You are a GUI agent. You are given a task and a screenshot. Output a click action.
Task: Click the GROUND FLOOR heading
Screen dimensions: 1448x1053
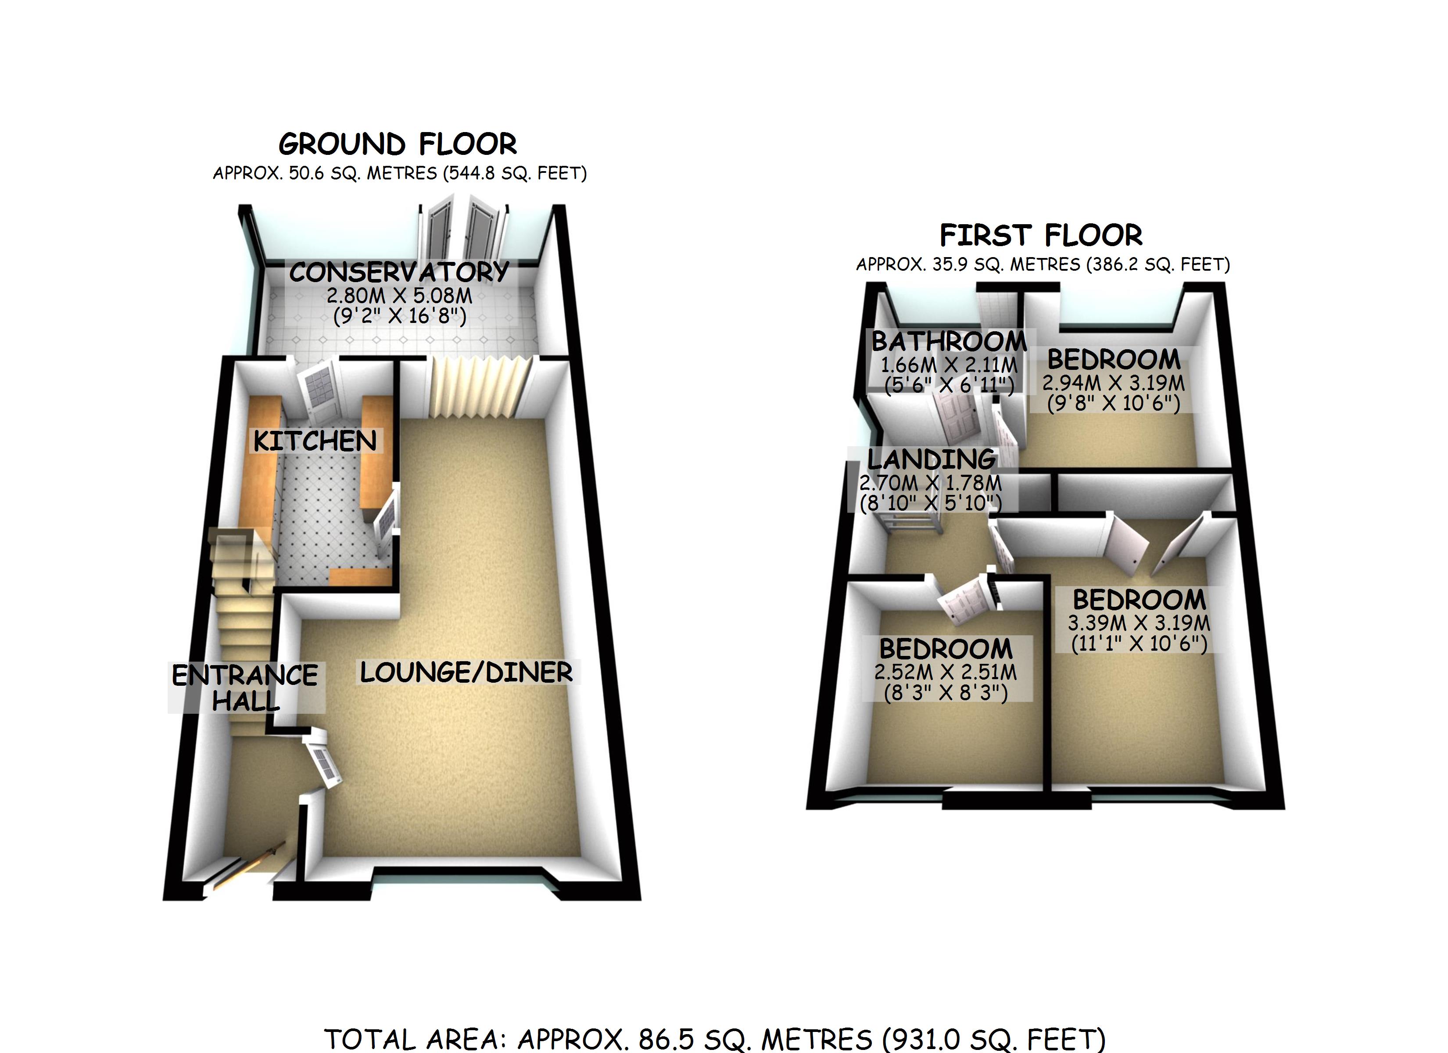coord(397,144)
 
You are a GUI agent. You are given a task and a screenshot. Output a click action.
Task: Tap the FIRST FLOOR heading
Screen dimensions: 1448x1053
coord(1041,236)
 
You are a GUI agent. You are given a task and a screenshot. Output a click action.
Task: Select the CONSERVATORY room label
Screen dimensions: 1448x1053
coord(399,272)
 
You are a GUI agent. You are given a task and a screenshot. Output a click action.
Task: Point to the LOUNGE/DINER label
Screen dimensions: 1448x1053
coord(466,673)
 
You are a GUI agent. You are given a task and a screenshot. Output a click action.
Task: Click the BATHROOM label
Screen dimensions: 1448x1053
coord(949,342)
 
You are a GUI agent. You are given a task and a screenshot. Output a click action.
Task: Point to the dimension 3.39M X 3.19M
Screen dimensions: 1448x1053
coord(1139,623)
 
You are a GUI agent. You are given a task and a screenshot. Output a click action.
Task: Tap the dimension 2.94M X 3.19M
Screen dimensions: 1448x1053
coord(1114,383)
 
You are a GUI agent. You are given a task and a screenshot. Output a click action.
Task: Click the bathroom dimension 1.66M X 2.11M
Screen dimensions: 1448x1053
coord(949,365)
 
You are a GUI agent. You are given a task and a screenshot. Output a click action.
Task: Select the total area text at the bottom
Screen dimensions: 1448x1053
coord(715,1039)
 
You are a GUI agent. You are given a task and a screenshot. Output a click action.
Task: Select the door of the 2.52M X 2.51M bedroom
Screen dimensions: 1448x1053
coord(963,600)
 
